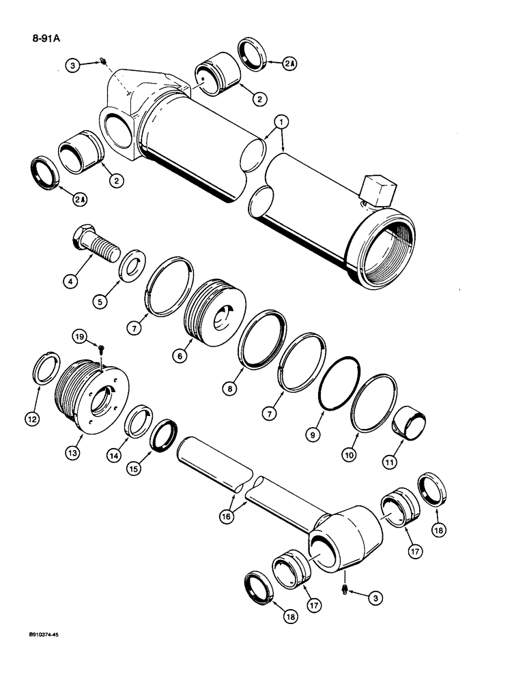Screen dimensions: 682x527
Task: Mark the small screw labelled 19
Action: point(100,348)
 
